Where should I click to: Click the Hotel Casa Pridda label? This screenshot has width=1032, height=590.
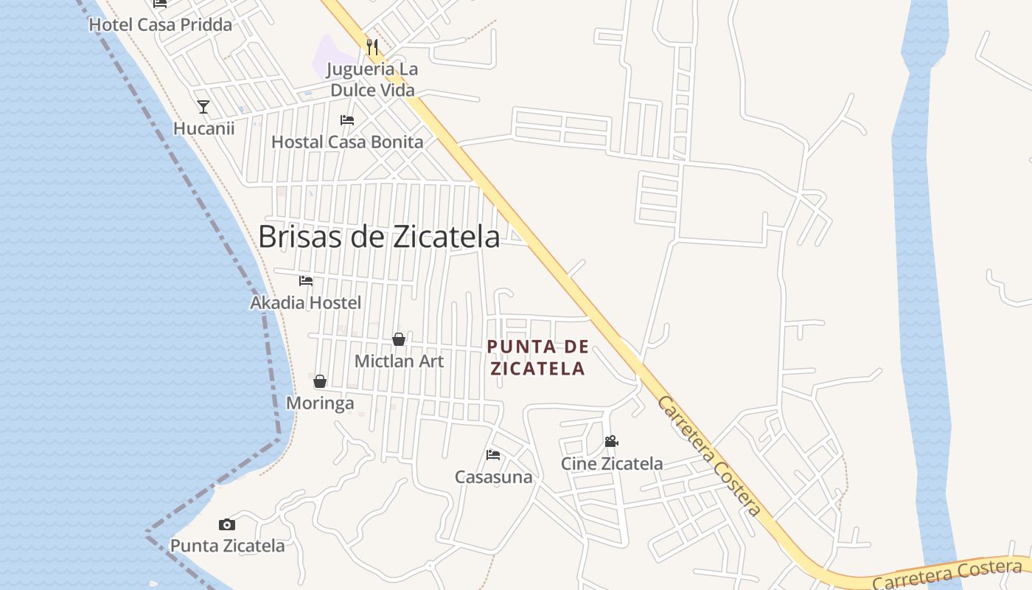click(x=160, y=24)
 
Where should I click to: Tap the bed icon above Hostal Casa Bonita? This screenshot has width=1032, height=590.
click(x=347, y=120)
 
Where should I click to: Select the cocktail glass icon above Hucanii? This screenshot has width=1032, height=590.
click(x=203, y=107)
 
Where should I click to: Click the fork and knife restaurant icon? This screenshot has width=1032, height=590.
click(x=372, y=48)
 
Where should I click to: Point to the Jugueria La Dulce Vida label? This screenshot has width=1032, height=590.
click(x=372, y=80)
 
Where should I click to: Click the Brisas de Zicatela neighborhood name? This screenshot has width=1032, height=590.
click(x=379, y=237)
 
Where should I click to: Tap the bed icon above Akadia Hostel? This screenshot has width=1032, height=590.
click(x=306, y=281)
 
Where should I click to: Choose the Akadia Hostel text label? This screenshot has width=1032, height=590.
click(x=306, y=302)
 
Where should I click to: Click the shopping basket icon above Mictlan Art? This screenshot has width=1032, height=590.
click(x=399, y=339)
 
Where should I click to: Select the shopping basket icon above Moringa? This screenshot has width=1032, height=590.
click(x=320, y=381)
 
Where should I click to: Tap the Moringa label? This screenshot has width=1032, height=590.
click(x=320, y=403)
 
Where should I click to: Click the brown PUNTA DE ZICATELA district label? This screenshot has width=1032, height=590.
click(x=538, y=357)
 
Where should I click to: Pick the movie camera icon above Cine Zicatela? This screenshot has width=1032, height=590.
click(x=611, y=442)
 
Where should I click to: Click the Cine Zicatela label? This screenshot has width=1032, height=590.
click(x=612, y=464)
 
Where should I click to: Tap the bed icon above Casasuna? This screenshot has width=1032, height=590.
click(x=493, y=454)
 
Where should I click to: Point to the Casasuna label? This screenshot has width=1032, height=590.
click(x=493, y=477)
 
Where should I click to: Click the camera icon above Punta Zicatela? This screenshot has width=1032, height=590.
click(x=227, y=525)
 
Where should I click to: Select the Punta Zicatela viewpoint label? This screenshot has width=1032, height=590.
click(x=227, y=546)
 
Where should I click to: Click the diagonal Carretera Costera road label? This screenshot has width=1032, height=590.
click(x=708, y=455)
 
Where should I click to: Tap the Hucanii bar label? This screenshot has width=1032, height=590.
click(x=203, y=128)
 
